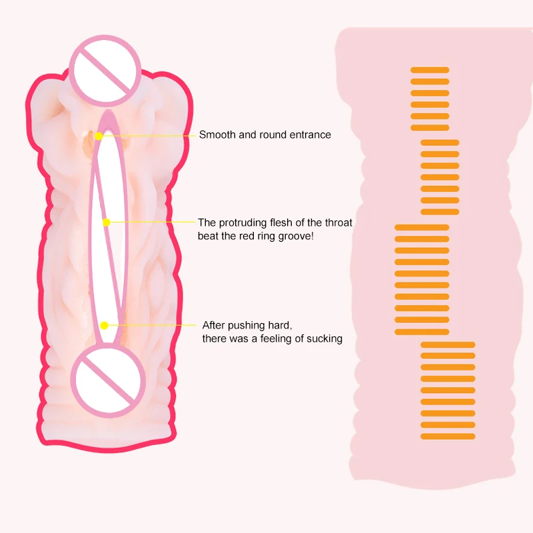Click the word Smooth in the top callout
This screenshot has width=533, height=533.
(217, 135)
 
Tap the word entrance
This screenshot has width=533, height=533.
(308, 135)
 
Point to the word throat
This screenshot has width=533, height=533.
(338, 223)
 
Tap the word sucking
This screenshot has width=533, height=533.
(324, 338)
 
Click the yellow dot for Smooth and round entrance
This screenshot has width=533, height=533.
(98, 135)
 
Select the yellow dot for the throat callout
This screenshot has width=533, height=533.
(105, 221)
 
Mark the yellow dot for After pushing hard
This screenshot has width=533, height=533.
(104, 324)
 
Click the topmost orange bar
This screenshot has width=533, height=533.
(430, 69)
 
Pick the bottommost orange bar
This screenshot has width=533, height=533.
(448, 436)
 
